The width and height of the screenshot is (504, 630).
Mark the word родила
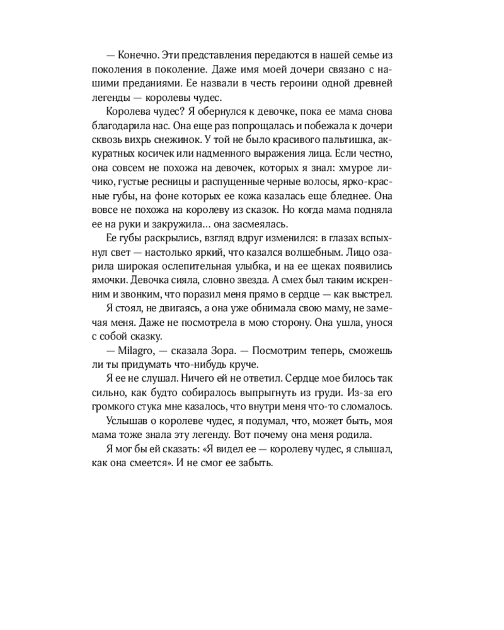pos(354,434)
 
